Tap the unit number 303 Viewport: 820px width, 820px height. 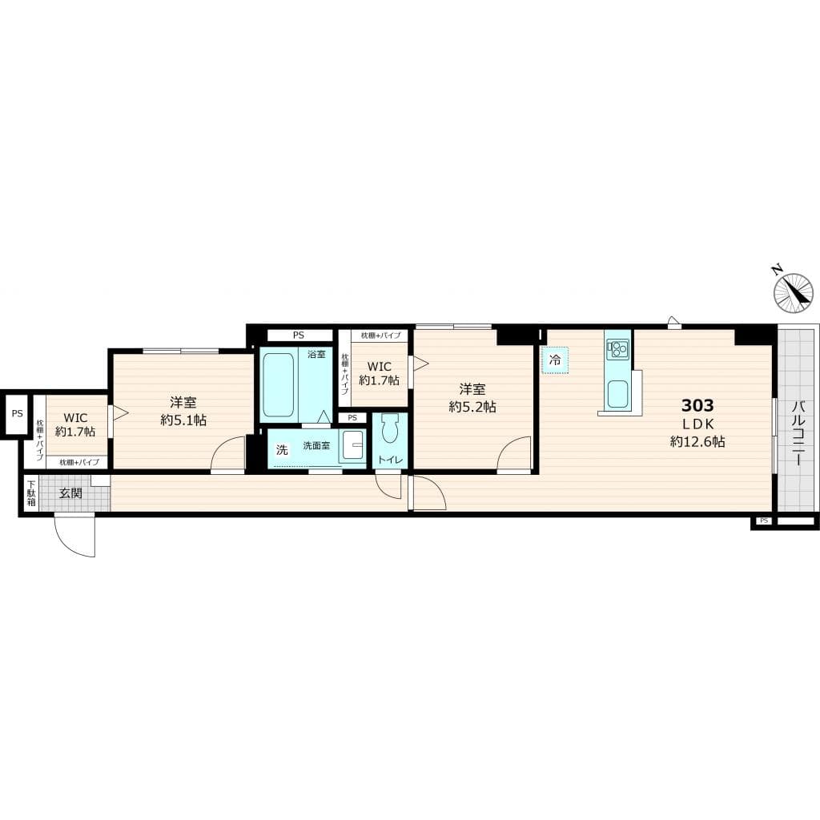697,405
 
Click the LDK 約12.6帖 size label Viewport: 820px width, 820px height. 697,441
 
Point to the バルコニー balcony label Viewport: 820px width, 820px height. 798,432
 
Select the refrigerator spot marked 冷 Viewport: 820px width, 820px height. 554,360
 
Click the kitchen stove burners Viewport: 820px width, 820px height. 617,349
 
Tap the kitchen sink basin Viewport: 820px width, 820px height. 617,394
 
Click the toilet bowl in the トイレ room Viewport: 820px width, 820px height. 390,431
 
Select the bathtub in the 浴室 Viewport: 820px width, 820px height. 278,384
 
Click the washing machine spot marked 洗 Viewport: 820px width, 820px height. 281,450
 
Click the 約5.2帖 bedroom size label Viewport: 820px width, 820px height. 472,407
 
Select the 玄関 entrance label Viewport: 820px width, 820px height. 70,493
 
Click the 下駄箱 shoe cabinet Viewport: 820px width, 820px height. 30,493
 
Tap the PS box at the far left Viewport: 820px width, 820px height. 16,414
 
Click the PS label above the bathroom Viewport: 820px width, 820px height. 299,336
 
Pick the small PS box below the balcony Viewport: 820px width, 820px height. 763,521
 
